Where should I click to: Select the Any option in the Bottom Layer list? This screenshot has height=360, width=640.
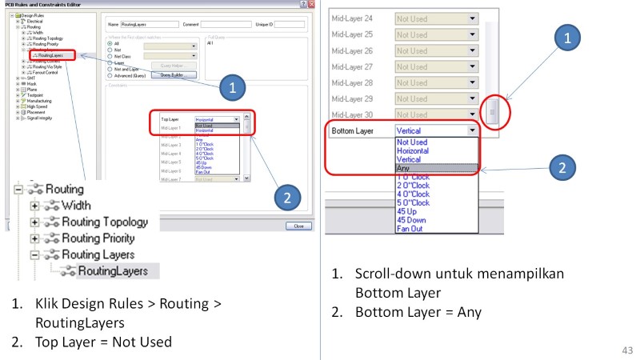click(x=405, y=169)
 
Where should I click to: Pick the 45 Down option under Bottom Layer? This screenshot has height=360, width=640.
click(x=410, y=219)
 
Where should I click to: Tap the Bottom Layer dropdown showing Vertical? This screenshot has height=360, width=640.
click(x=436, y=129)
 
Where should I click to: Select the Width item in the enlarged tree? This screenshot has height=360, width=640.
click(x=75, y=206)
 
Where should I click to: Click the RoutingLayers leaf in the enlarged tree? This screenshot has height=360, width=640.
click(x=111, y=271)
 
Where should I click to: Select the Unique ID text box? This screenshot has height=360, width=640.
click(x=289, y=24)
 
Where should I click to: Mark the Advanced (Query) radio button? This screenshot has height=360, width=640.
click(x=110, y=76)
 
